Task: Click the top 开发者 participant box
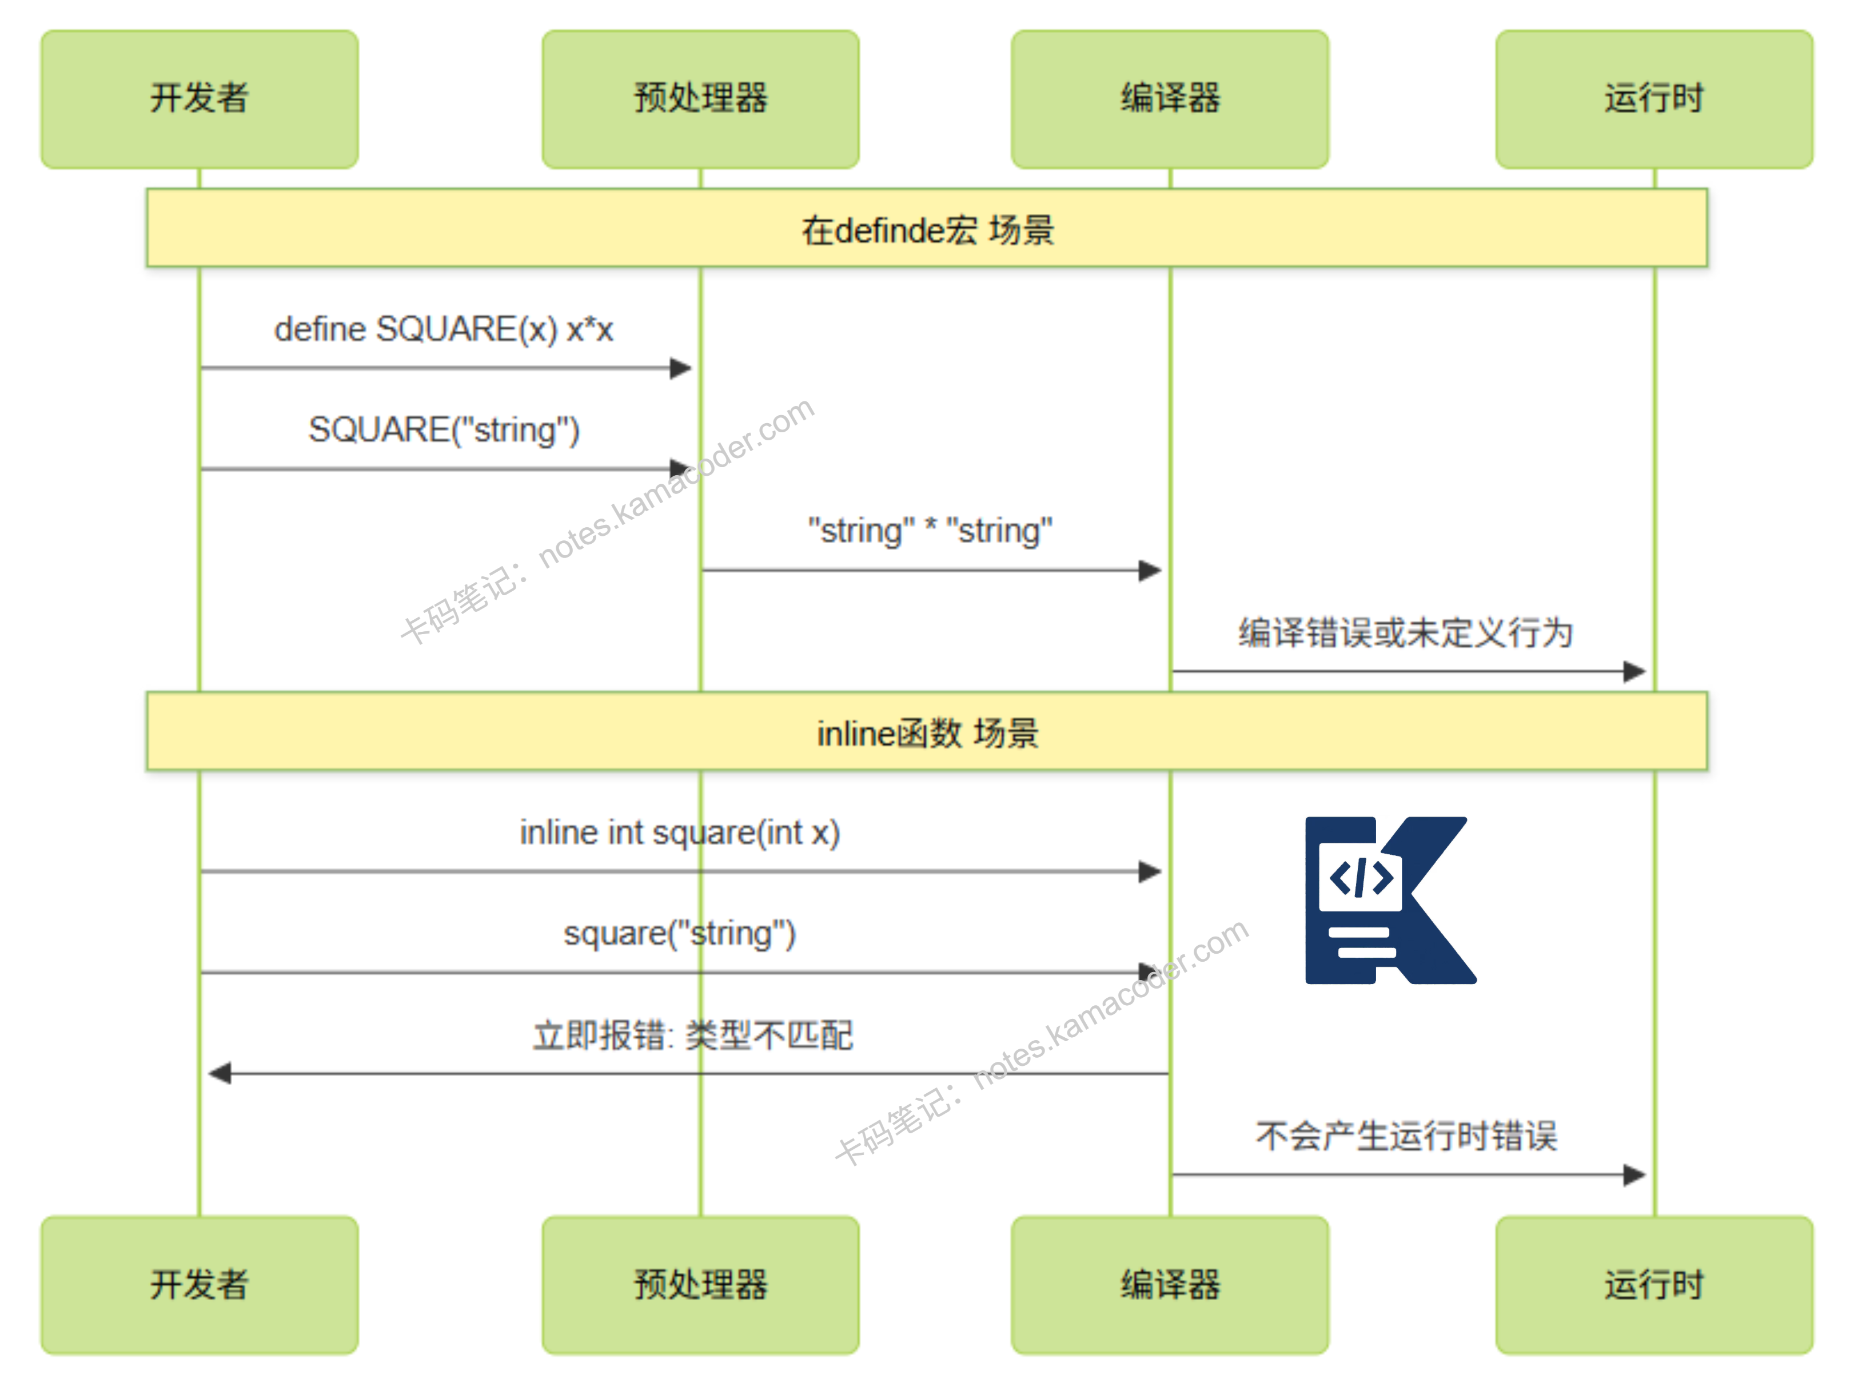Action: click(199, 99)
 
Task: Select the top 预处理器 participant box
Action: click(700, 99)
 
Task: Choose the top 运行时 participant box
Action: click(1653, 99)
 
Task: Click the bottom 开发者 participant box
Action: click(199, 1284)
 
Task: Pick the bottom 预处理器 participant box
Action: click(700, 1284)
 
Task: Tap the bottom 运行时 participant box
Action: click(1653, 1284)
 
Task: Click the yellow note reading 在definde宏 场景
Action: click(927, 228)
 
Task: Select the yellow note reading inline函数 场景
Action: click(927, 732)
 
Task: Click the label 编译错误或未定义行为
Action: click(1405, 632)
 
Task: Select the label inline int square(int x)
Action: click(679, 833)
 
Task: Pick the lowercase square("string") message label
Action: click(679, 934)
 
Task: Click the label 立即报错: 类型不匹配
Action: click(692, 1035)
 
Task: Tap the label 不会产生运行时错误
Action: click(1405, 1136)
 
